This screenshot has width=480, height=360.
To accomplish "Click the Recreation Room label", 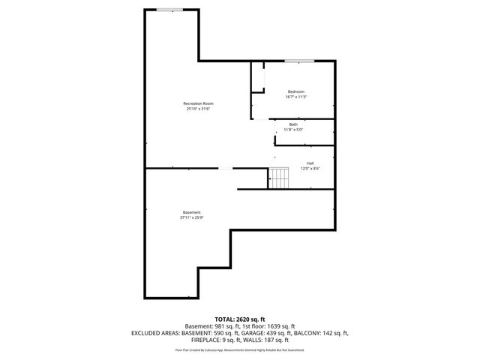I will pyautogui.click(x=199, y=103).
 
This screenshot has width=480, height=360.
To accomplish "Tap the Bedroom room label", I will pyautogui.click(x=296, y=91).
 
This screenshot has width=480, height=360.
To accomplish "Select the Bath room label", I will pyautogui.click(x=293, y=124).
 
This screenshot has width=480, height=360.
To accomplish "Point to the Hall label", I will pyautogui.click(x=310, y=163).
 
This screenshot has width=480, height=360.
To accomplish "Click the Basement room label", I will pyautogui.click(x=191, y=212).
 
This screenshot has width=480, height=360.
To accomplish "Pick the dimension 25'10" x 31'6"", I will pyautogui.click(x=199, y=109).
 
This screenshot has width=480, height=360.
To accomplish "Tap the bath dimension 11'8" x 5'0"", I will pyautogui.click(x=292, y=130).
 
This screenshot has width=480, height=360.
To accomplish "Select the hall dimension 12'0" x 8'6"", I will pyautogui.click(x=310, y=169).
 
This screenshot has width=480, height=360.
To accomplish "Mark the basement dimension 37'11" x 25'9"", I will pyautogui.click(x=191, y=218).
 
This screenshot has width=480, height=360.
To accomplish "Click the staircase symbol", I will pyautogui.click(x=279, y=178).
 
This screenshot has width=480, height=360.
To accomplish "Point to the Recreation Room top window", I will pyautogui.click(x=169, y=10).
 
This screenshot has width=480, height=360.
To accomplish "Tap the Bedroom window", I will pyautogui.click(x=298, y=61).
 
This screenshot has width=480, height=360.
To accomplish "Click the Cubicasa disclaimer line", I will pyautogui.click(x=240, y=349).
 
